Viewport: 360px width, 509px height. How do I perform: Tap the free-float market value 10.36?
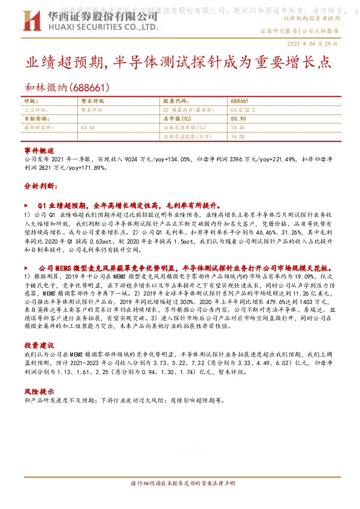237,128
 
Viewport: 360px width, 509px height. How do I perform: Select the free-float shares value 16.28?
237,136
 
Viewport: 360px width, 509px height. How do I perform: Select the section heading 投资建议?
39,345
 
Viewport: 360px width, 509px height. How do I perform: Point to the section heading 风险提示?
39,391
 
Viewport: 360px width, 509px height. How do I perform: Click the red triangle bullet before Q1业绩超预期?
26,205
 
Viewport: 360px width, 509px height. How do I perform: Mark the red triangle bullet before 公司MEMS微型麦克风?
26,267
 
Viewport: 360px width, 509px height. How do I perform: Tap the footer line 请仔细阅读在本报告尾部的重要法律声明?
179,484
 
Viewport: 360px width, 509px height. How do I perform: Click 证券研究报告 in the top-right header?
278,30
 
